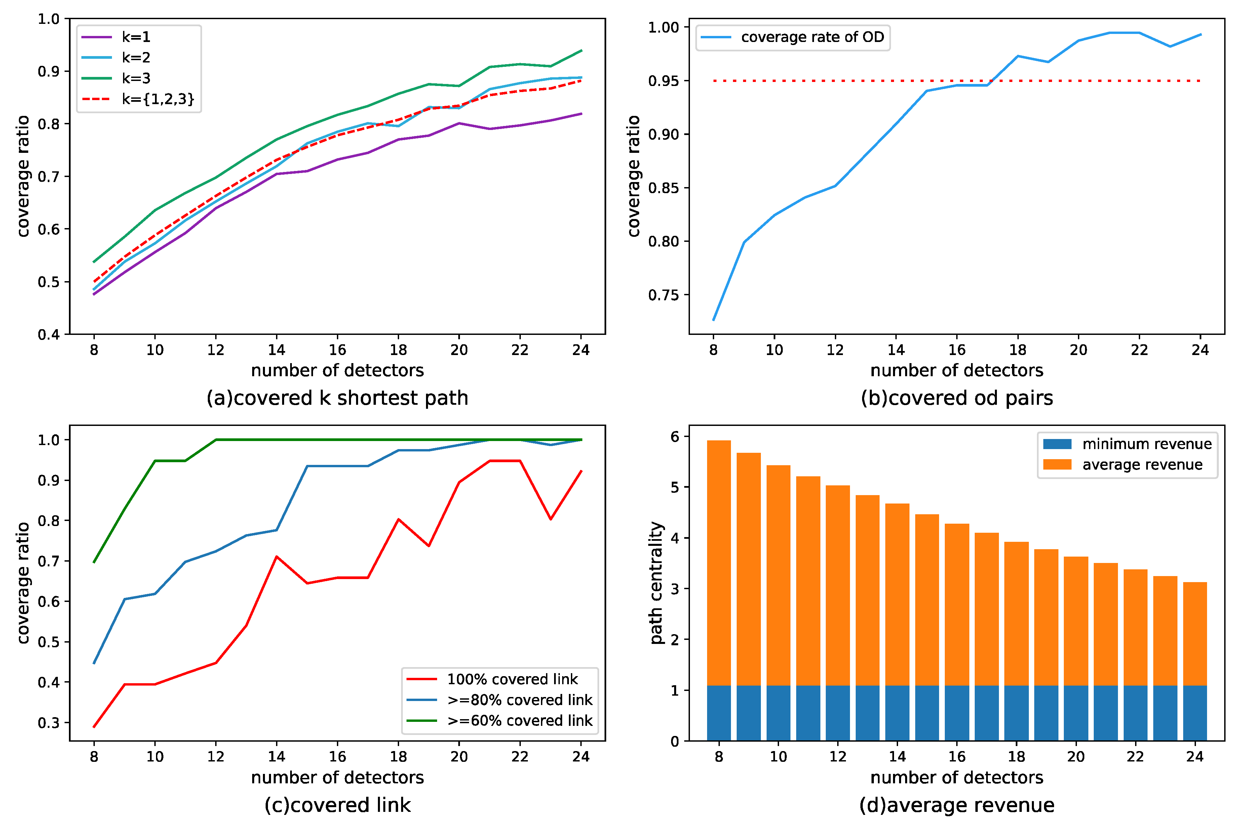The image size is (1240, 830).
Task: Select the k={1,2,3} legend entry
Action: point(157,99)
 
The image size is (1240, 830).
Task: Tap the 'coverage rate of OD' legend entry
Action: point(812,37)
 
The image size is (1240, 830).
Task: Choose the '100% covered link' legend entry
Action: point(512,679)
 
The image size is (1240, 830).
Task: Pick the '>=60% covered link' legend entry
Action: point(519,720)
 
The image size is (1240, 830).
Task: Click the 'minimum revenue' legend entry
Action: point(1146,444)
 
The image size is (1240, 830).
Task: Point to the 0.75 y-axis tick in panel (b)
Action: point(663,295)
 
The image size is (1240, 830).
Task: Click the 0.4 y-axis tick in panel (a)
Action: point(49,335)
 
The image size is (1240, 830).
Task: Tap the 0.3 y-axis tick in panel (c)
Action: point(49,723)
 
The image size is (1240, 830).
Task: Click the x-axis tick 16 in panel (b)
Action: point(957,350)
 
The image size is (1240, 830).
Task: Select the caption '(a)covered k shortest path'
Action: point(338,398)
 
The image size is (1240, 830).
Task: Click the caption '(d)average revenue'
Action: point(957,805)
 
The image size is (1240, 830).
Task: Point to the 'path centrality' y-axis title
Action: point(657,583)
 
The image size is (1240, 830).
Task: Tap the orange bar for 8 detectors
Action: point(719,561)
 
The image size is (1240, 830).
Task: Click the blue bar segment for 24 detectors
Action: point(1195,713)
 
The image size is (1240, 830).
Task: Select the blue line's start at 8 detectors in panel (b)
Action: point(713,320)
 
